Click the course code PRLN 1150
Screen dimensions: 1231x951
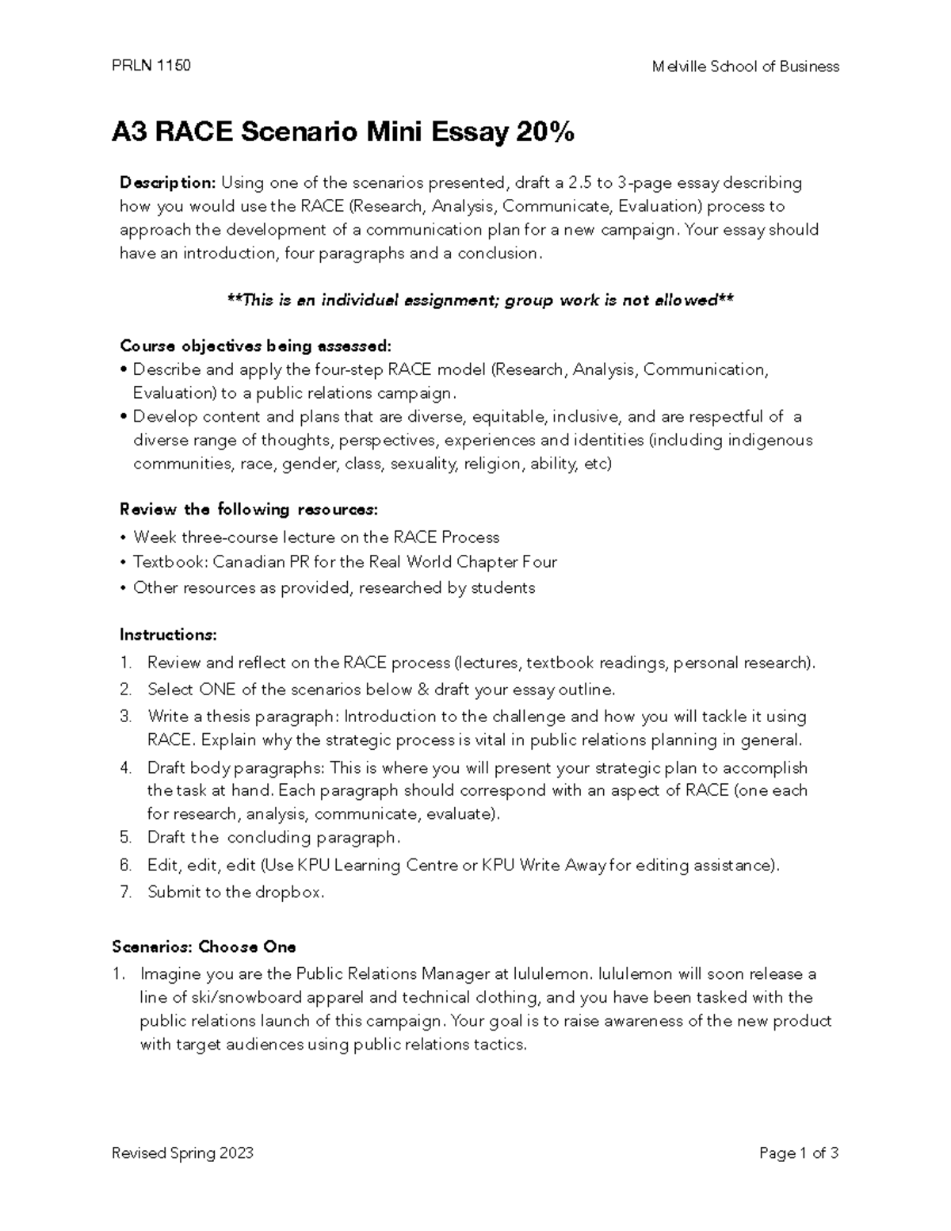click(x=151, y=66)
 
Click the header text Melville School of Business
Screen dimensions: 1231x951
click(x=745, y=67)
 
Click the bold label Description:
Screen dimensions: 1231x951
click(x=167, y=183)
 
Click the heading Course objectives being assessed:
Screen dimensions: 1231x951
click(x=254, y=346)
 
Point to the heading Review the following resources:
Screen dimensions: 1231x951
click(x=248, y=509)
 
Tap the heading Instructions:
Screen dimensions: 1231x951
click(x=168, y=635)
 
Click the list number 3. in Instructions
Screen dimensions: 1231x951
click(x=125, y=717)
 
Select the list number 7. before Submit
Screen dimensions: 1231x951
click(x=125, y=892)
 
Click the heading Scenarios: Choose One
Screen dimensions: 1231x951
click(x=204, y=947)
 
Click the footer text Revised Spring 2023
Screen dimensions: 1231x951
click(x=183, y=1153)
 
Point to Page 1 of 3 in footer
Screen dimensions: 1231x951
click(x=798, y=1153)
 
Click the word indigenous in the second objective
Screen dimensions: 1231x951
click(x=770, y=440)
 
